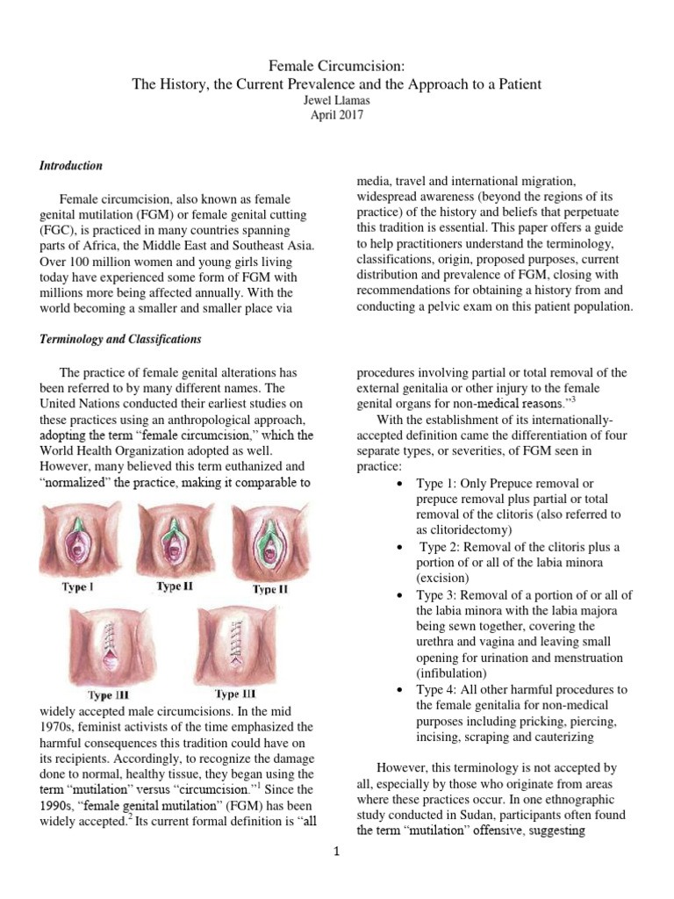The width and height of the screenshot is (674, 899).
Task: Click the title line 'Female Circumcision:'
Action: [x=337, y=66]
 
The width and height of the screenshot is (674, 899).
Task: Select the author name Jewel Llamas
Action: [x=337, y=102]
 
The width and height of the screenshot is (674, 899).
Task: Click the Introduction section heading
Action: [x=71, y=166]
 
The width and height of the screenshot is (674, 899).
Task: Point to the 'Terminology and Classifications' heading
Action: [x=120, y=339]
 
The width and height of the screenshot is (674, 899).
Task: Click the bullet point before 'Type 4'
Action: [x=400, y=690]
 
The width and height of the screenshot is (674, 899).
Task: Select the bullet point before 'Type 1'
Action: [x=400, y=485]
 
